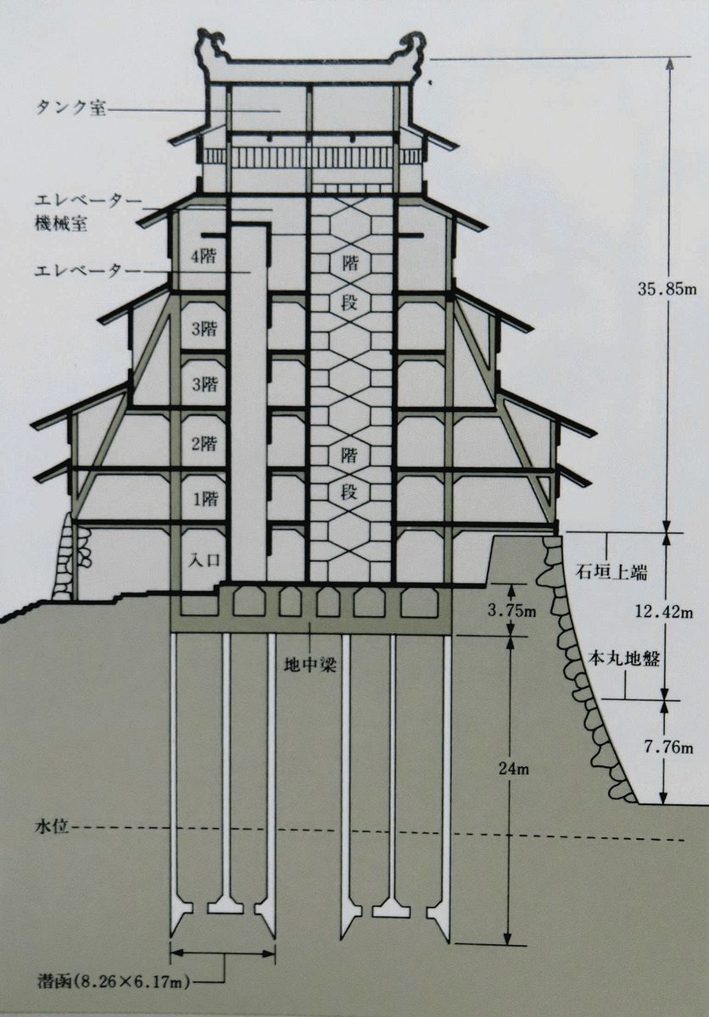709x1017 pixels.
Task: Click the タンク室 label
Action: [x=71, y=109]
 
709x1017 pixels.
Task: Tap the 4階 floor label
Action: [x=203, y=259]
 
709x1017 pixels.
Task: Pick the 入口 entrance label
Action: [x=203, y=559]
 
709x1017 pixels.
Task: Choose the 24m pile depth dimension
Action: [x=514, y=770]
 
